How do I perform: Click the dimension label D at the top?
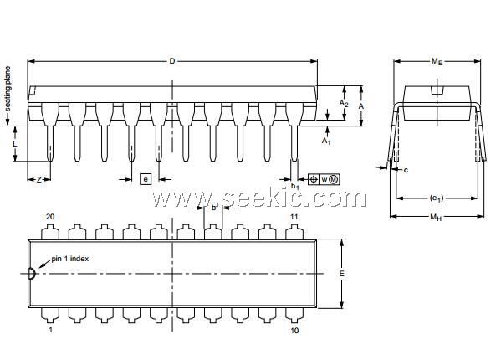(172, 61)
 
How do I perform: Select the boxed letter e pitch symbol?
(146, 179)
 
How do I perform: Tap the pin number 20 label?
(50, 217)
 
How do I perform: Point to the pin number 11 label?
(294, 217)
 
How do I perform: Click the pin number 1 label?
(51, 330)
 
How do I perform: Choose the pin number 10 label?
(294, 330)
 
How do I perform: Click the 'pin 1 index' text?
(70, 259)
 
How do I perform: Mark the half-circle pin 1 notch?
(32, 274)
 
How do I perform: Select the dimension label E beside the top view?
(341, 274)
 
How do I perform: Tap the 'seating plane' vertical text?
(8, 89)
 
